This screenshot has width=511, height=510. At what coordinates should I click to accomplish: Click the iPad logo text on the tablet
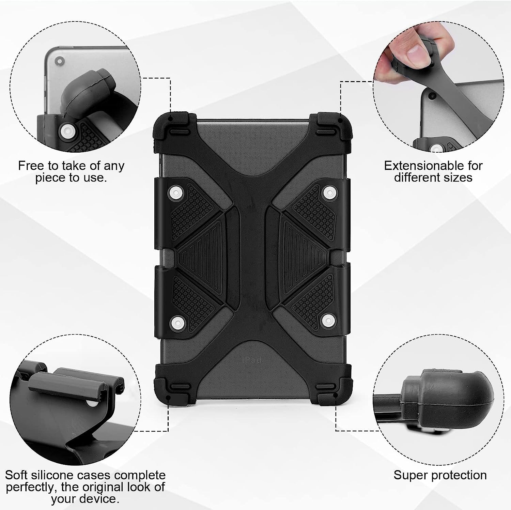point(252,360)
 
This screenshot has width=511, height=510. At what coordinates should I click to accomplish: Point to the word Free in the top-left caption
point(31,166)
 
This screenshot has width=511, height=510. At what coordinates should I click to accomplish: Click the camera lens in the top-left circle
point(60,62)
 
